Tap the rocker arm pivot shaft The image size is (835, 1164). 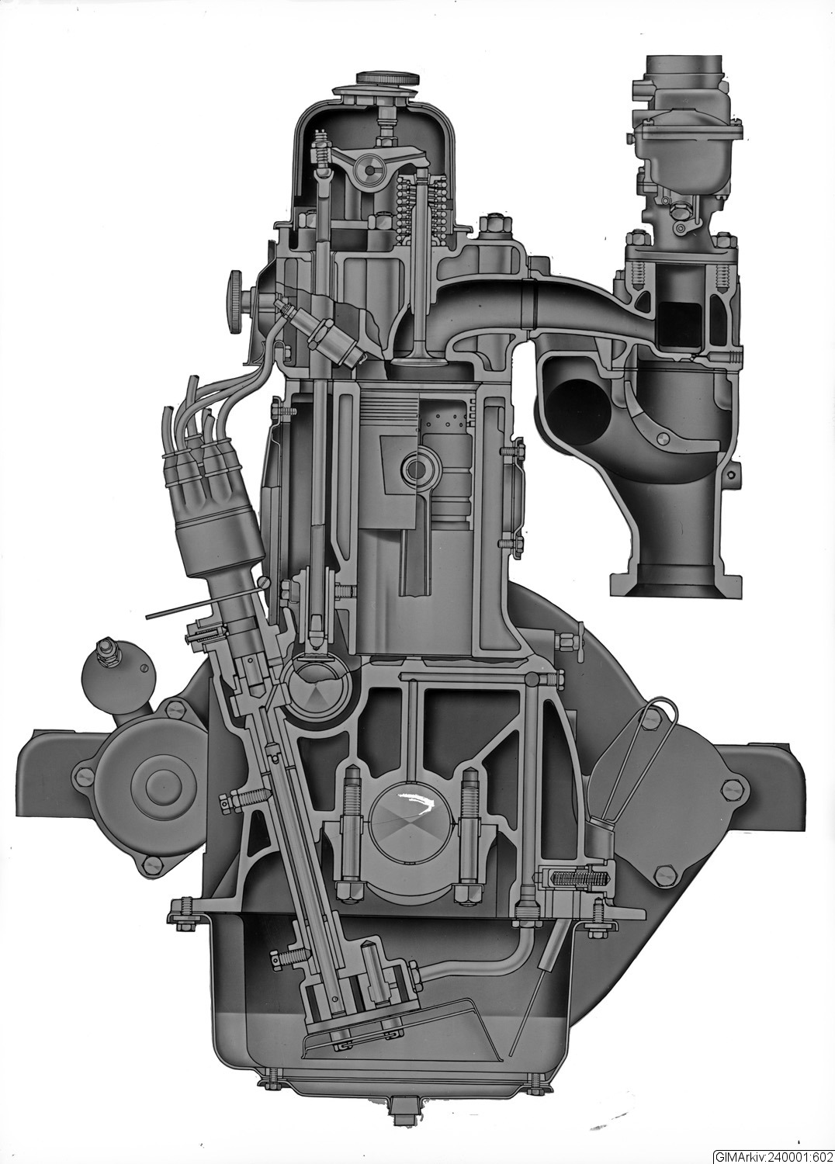coord(369,170)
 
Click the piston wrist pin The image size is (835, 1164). coord(419,469)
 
